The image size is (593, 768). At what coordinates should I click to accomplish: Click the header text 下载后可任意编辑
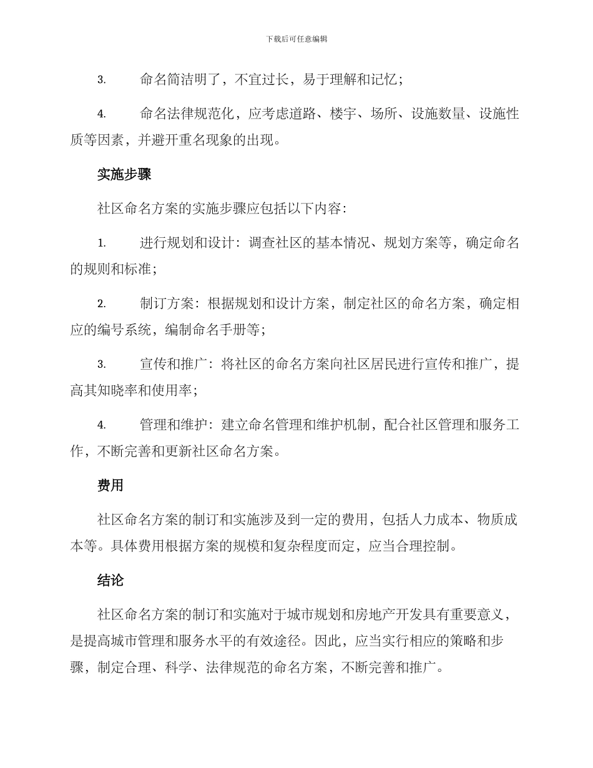tap(296, 39)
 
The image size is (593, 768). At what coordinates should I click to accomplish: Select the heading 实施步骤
tap(124, 174)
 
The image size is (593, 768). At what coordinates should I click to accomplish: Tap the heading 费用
tap(110, 486)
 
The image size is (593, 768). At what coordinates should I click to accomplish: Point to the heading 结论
tap(110, 581)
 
